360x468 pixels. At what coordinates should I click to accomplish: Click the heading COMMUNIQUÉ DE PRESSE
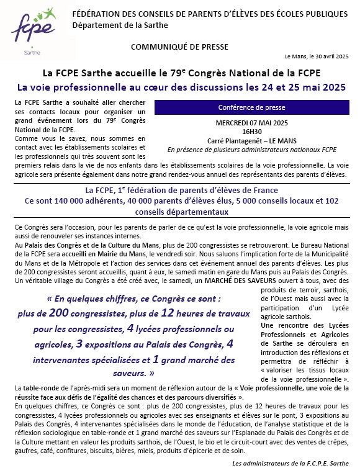pos(179,47)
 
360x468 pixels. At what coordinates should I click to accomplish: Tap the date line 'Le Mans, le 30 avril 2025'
pos(317,56)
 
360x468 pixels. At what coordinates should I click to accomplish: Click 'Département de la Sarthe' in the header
pos(112,24)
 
